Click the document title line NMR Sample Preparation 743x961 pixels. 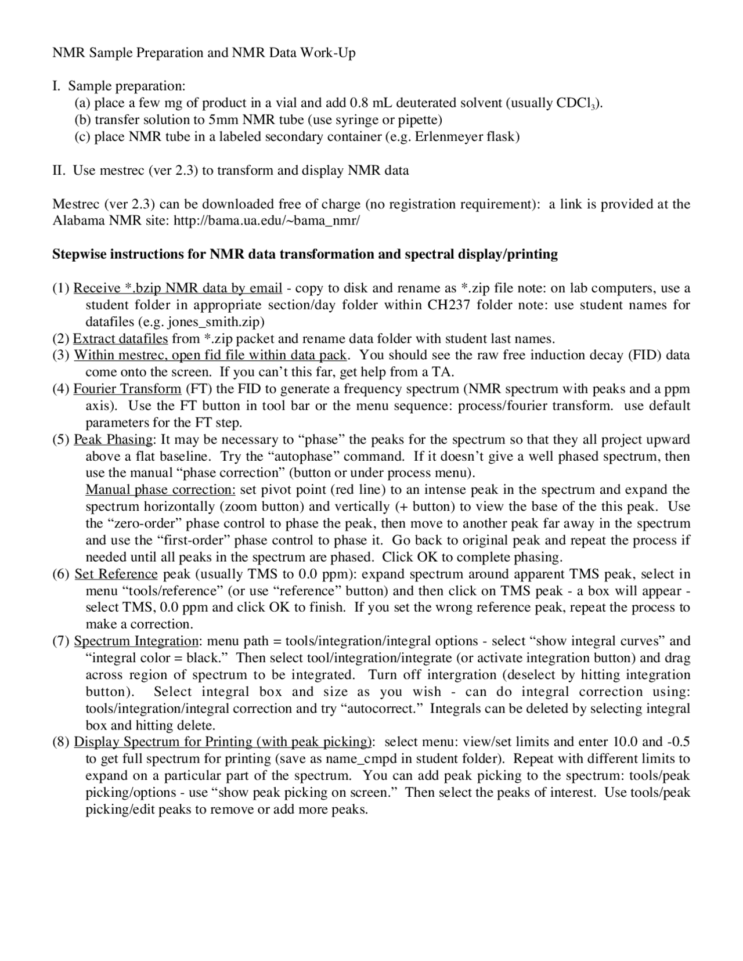click(204, 53)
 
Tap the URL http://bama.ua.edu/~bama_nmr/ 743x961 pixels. click(266, 221)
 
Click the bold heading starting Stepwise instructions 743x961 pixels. click(305, 254)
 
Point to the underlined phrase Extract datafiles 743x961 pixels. click(120, 338)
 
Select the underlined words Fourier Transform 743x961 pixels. click(127, 389)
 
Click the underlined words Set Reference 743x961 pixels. click(116, 574)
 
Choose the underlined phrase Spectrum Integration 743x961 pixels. click(136, 641)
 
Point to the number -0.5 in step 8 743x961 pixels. click(679, 742)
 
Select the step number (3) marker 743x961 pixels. click(61, 355)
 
